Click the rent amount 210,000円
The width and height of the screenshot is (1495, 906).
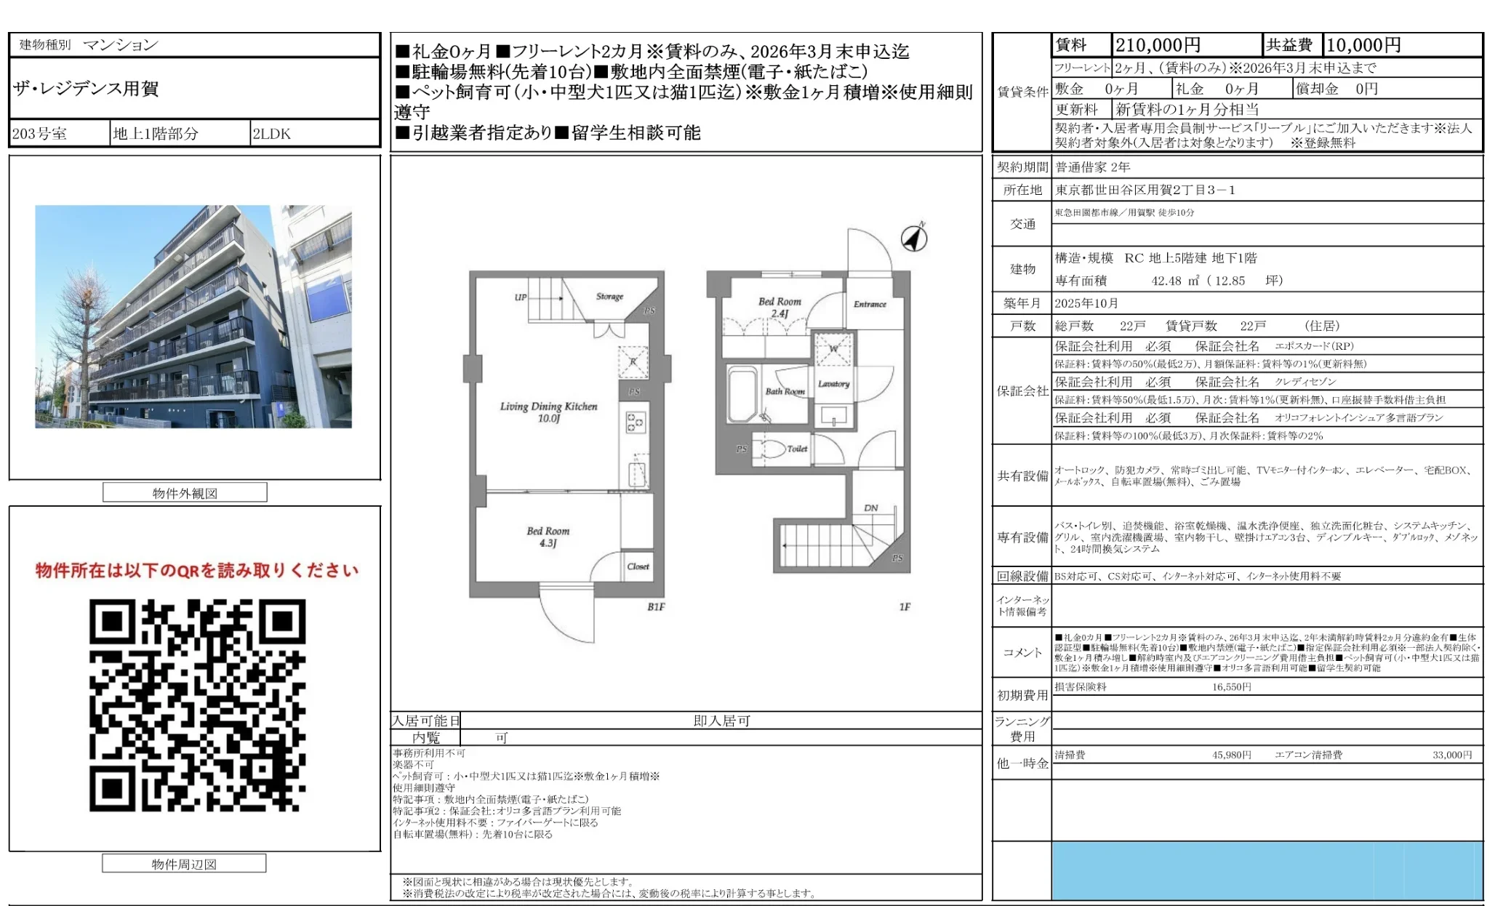click(x=1158, y=45)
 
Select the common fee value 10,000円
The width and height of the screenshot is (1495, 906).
click(x=1363, y=45)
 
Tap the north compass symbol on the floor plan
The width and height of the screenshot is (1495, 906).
click(x=914, y=238)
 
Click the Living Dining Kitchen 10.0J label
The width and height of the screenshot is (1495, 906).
click(x=548, y=412)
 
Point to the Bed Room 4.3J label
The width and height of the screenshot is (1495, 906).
click(x=548, y=537)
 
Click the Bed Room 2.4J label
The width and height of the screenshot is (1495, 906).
click(x=779, y=307)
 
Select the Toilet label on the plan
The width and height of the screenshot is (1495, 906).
click(x=797, y=449)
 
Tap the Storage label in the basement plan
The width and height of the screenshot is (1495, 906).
click(x=609, y=296)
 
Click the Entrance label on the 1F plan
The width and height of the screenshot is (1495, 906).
click(x=870, y=304)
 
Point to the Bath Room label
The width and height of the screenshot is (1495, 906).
click(x=785, y=391)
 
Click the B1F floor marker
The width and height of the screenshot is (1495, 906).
click(x=656, y=606)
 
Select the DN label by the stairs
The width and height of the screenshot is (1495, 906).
click(x=870, y=508)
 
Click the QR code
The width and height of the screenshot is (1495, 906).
click(x=197, y=705)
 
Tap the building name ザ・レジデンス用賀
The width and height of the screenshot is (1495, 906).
click(x=86, y=89)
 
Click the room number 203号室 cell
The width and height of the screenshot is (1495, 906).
click(x=40, y=134)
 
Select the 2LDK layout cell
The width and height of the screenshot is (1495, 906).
click(x=272, y=134)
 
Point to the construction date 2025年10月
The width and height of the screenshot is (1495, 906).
click(x=1086, y=303)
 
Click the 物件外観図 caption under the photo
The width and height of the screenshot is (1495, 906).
click(x=185, y=493)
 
